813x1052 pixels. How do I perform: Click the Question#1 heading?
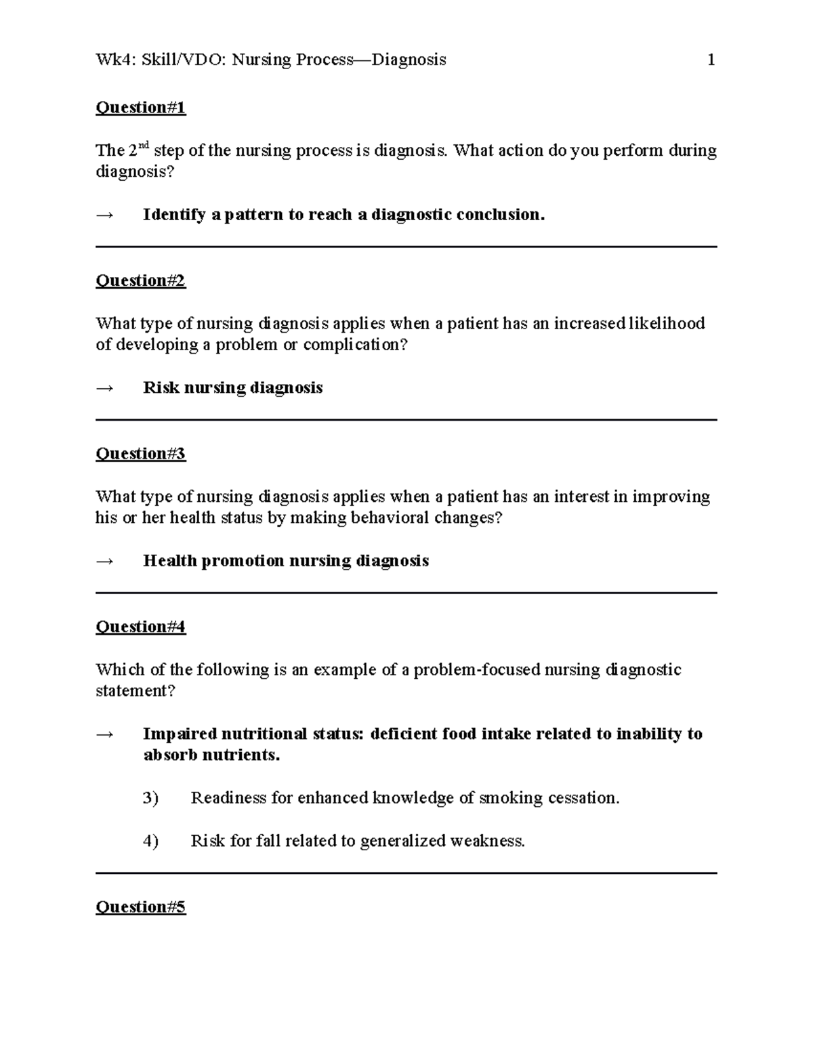[140, 108]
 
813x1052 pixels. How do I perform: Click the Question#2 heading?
[140, 280]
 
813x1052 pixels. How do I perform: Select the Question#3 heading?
[140, 454]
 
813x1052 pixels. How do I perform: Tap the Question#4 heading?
[140, 627]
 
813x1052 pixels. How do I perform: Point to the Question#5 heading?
[140, 907]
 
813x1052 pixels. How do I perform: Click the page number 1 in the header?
[711, 60]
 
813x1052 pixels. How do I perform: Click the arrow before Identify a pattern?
[105, 215]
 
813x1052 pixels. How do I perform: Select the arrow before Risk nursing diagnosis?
[105, 388]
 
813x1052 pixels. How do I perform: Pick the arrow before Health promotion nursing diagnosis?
[105, 562]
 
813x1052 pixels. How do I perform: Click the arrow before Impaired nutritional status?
[105, 734]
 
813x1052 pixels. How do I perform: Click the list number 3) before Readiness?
[150, 799]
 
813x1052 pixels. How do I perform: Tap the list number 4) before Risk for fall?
[150, 841]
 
